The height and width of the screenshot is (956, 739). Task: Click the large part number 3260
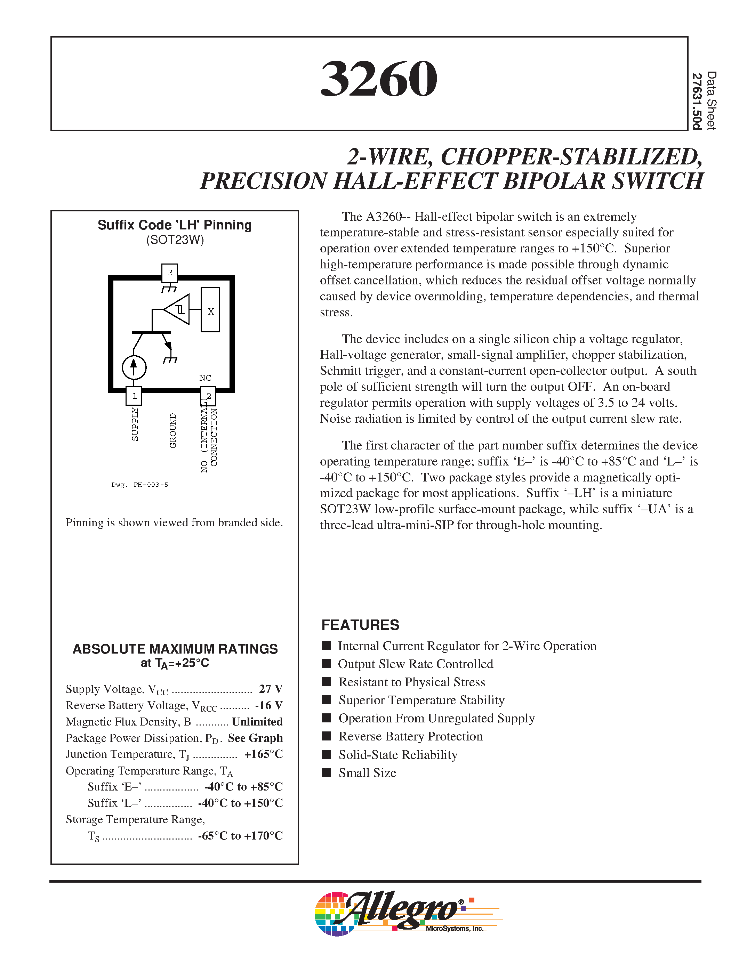tap(379, 79)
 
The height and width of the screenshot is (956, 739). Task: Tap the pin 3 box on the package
tap(170, 272)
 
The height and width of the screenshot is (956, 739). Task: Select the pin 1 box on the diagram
tap(134, 396)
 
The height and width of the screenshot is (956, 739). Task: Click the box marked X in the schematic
tap(210, 310)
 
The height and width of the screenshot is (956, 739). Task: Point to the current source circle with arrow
tap(134, 367)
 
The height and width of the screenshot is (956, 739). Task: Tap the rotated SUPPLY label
tap(135, 424)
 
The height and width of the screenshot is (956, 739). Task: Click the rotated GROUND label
tap(172, 430)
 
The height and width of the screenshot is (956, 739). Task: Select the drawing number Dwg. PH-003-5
tap(140, 485)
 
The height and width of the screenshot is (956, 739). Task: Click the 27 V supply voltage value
tap(271, 689)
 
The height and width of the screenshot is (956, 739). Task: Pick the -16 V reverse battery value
tap(269, 705)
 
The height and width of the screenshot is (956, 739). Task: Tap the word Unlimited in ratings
tap(257, 721)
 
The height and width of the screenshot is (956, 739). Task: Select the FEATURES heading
tap(360, 625)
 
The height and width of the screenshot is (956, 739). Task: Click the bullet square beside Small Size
tap(326, 772)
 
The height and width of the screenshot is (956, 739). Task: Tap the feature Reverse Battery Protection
tap(410, 736)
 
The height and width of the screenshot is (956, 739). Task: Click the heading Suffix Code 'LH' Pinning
tap(174, 225)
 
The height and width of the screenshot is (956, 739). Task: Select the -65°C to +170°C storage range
tap(240, 836)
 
